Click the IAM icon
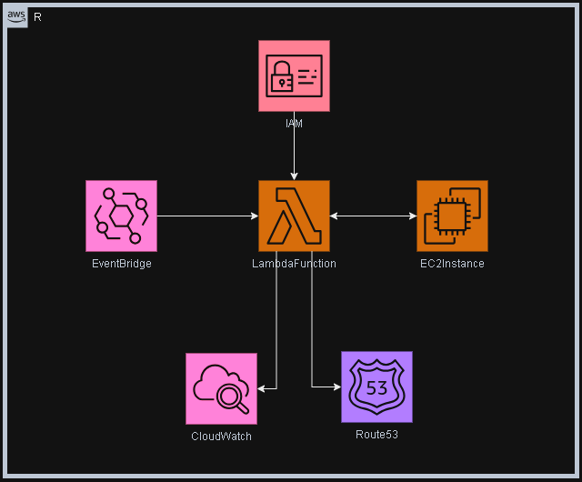294,75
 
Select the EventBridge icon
121,216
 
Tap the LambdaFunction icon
294,216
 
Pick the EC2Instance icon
452,216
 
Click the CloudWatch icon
221,388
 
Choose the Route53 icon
376,387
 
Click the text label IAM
294,122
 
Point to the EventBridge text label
121,264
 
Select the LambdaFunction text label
294,264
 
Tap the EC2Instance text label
452,264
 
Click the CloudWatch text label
221,437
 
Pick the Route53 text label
376,435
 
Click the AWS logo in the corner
16,17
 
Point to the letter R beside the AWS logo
37,18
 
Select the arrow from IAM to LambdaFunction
294,150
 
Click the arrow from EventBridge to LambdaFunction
207,216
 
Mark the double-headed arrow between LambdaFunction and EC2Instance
373,216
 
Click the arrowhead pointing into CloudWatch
262,388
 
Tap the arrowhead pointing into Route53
336,387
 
